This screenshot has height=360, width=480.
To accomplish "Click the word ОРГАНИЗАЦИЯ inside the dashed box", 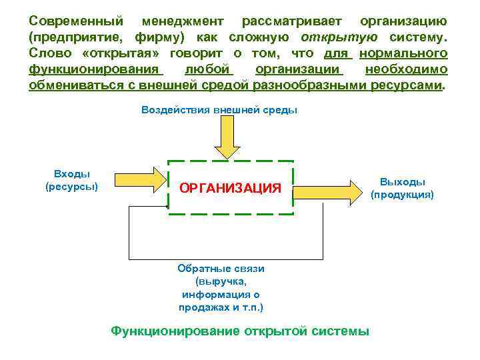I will [230, 188].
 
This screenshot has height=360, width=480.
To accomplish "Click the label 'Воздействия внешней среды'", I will [219, 110].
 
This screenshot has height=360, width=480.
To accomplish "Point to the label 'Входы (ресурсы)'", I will [71, 179].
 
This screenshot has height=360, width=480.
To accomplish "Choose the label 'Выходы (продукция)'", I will [402, 188].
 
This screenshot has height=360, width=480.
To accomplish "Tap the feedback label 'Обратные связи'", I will [221, 268].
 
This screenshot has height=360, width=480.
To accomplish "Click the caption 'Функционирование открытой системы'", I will [239, 331].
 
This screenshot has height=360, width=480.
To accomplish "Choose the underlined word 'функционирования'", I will [95, 69].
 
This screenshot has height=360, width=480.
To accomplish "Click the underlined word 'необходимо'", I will [407, 69].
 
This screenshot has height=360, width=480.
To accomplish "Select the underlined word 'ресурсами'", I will [407, 86].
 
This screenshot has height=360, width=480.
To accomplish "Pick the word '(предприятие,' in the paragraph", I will [74, 37].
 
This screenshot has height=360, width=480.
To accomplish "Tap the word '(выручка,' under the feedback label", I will [220, 281].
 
